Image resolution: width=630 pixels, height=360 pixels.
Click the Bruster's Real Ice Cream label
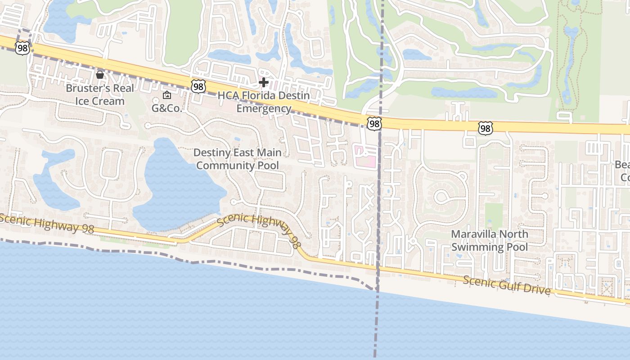[100, 94]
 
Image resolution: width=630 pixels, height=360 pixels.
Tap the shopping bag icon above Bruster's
[100, 75]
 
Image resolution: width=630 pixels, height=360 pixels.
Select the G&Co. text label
[166, 108]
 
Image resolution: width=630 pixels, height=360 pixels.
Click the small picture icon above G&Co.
[167, 95]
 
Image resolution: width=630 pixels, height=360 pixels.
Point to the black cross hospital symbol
[264, 82]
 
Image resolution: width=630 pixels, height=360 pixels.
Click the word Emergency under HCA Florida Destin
[264, 108]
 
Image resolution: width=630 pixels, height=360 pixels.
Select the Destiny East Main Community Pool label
[237, 159]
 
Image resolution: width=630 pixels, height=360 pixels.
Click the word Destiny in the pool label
[214, 153]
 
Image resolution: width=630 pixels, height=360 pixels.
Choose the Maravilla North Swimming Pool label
[490, 240]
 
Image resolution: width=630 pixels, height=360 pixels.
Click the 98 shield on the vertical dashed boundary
[374, 123]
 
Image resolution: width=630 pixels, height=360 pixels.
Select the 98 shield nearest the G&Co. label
[198, 86]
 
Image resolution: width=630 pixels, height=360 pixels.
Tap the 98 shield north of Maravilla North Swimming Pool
[485, 129]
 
